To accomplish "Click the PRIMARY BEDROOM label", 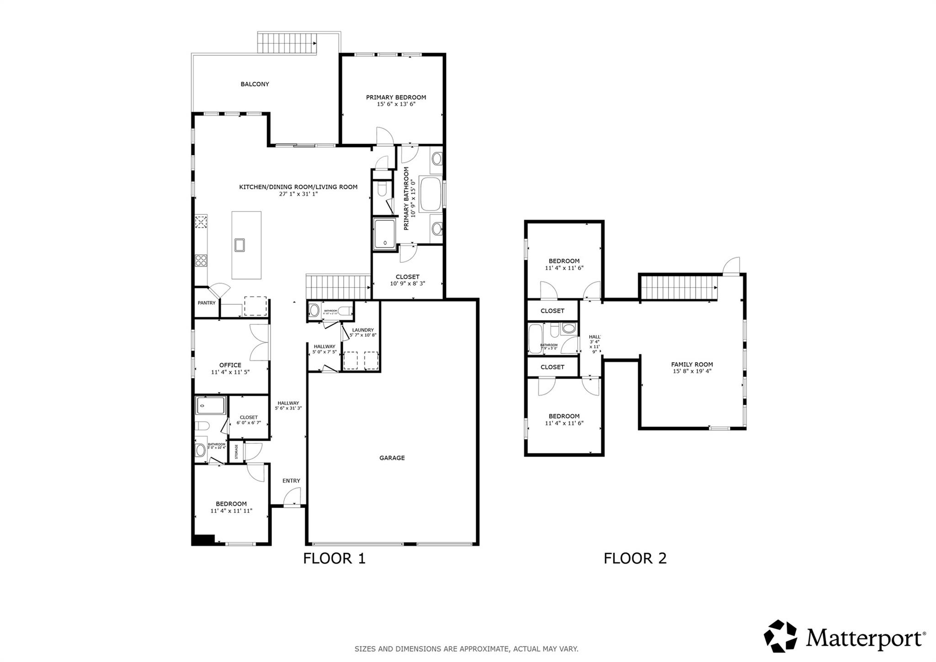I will tap(396, 97).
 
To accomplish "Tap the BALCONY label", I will tap(255, 84).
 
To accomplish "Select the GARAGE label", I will tap(392, 458).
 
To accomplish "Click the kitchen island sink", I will tap(240, 245).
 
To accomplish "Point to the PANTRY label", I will tap(207, 303).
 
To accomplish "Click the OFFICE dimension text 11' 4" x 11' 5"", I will tap(230, 372).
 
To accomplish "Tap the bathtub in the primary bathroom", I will tap(430, 194).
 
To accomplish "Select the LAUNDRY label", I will tap(363, 330).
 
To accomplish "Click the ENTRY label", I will tap(291, 480).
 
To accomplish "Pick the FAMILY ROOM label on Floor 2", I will tap(692, 364).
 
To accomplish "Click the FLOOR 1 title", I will tap(335, 558).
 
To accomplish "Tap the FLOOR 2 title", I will tap(635, 558).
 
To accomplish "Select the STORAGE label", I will tap(236, 452).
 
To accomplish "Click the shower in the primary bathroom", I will tap(386, 234).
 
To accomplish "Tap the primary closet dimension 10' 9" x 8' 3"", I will tap(408, 283).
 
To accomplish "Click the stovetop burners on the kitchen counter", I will tap(201, 261).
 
